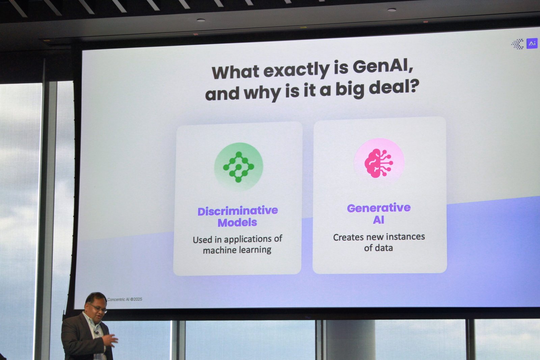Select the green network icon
[238, 167]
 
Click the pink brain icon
[378, 163]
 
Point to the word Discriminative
[238, 211]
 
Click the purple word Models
[237, 222]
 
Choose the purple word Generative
[379, 208]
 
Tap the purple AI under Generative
[378, 220]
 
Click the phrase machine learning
[237, 250]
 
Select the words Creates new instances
[379, 237]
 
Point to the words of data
[378, 248]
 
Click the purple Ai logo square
[532, 44]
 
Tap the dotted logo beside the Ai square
[518, 44]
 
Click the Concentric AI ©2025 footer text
[125, 299]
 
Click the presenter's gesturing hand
[110, 340]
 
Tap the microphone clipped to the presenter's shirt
[97, 333]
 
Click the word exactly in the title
[297, 71]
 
